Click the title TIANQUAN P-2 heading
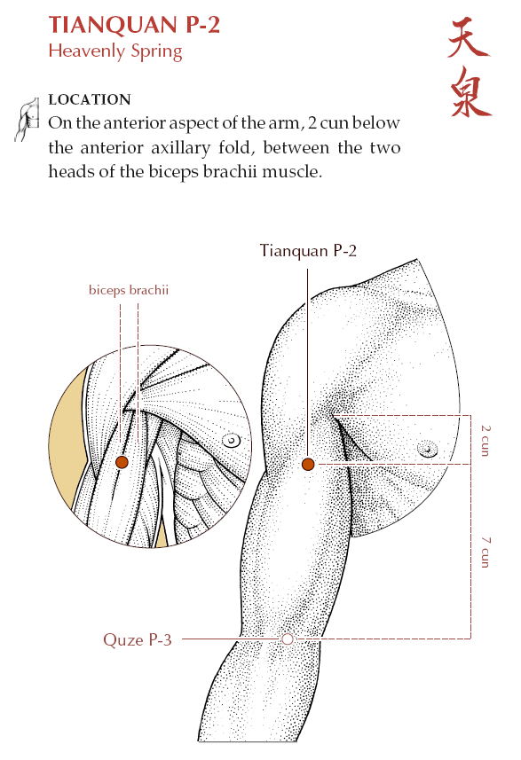coord(134,25)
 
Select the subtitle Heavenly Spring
coord(115,51)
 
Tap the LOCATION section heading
coord(90,99)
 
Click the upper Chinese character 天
coord(468,38)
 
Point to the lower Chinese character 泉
coord(470,92)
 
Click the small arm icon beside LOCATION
coord(28,119)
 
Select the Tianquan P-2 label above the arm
coord(308,251)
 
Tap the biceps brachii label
coord(129,290)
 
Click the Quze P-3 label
coord(138,639)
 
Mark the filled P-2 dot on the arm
coord(308,465)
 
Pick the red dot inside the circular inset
coord(122,462)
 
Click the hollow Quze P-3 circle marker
coord(288,639)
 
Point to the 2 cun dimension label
coord(485,441)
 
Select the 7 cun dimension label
coord(485,552)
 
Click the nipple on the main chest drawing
coord(428,450)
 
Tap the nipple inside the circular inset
coord(232,441)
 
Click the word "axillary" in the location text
coord(180,147)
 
